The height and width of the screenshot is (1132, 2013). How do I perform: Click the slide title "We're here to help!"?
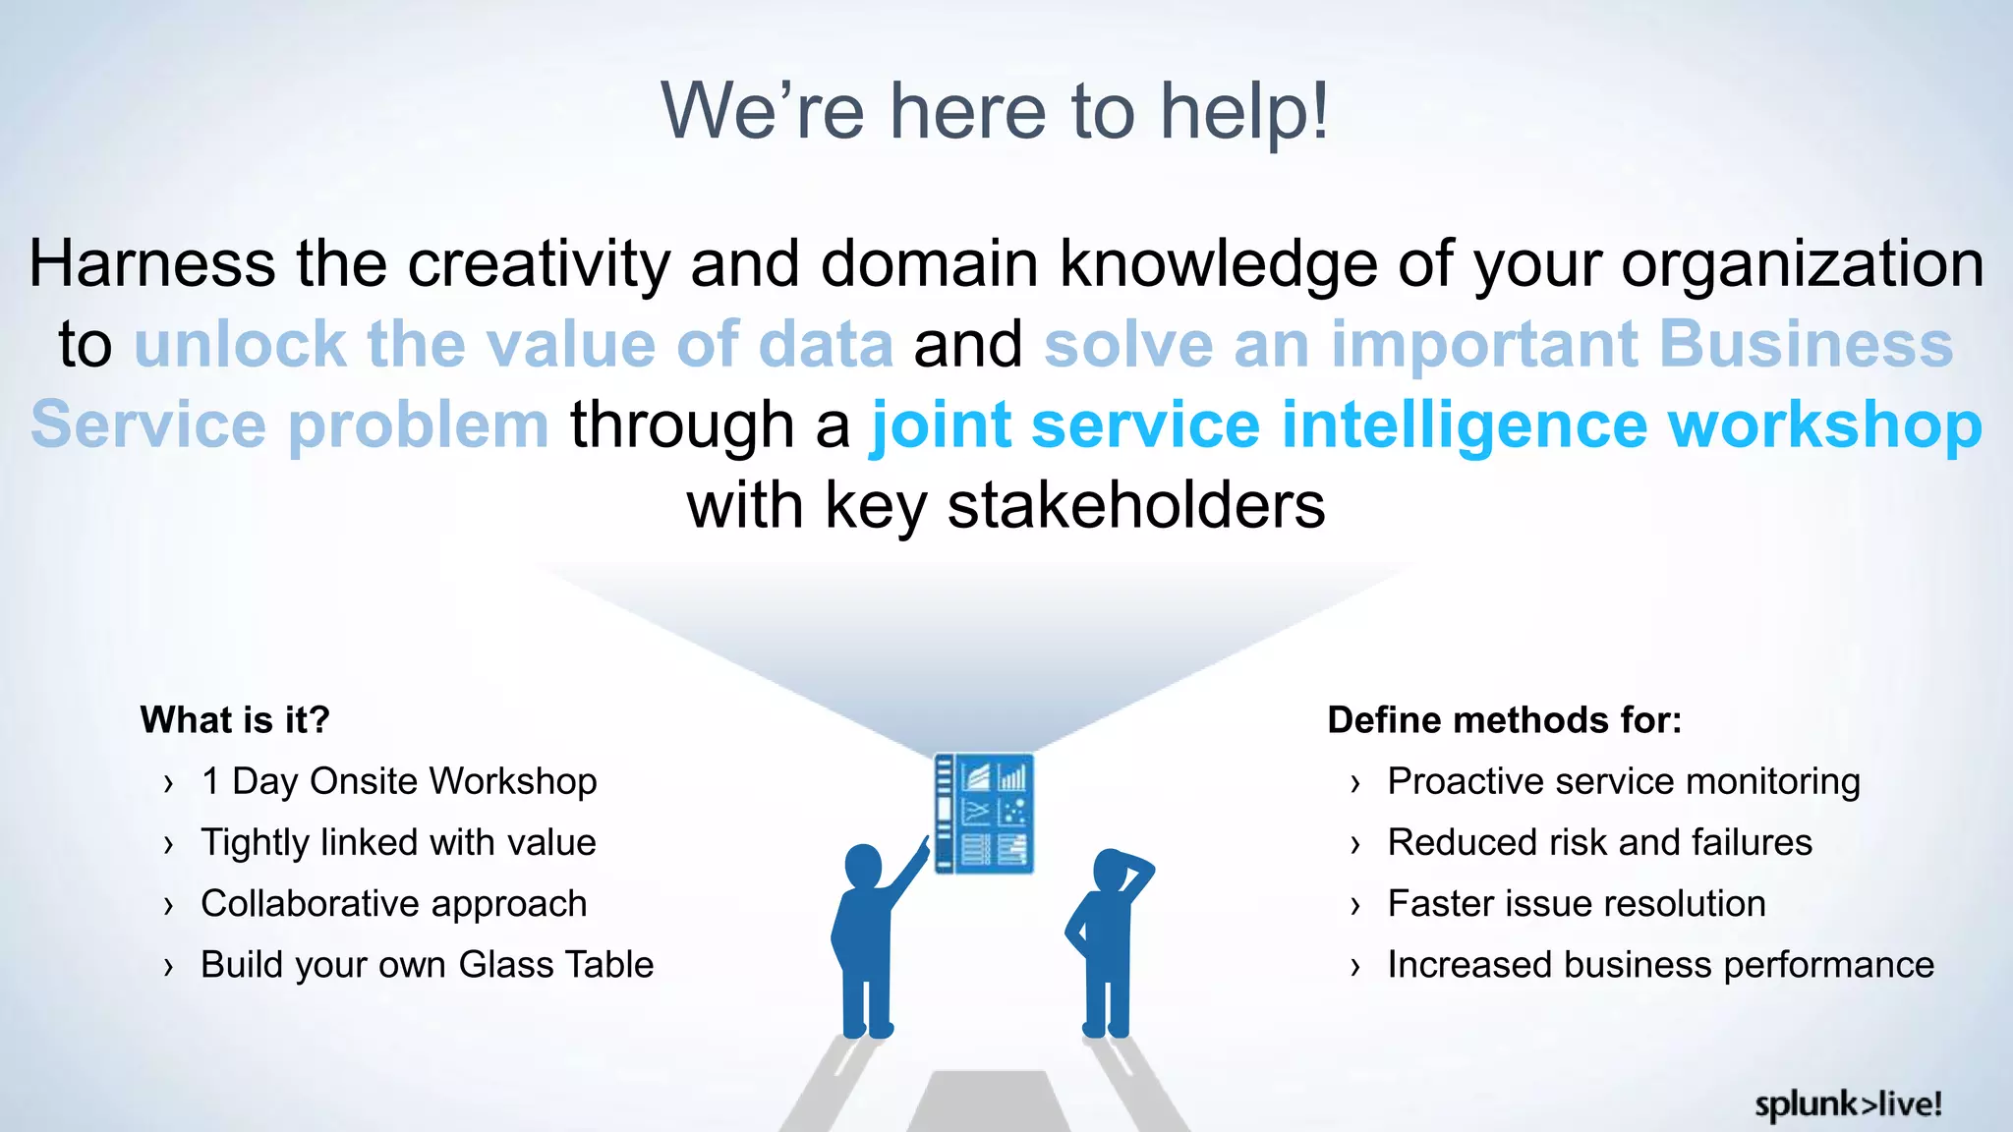click(995, 111)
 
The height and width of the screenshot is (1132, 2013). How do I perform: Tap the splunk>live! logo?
click(1848, 1104)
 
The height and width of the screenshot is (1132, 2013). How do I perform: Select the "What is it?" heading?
click(235, 720)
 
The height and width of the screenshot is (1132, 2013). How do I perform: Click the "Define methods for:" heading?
click(1504, 720)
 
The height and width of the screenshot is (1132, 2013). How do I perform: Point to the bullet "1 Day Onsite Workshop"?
click(398, 782)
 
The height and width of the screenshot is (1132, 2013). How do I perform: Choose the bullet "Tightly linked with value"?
click(398, 843)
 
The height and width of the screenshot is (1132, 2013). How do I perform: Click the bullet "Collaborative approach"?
click(393, 904)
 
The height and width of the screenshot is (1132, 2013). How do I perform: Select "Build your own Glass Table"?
click(427, 965)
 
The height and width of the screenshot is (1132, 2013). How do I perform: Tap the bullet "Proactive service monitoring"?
click(1623, 782)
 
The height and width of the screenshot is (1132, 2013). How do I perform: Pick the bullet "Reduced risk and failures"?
click(1599, 843)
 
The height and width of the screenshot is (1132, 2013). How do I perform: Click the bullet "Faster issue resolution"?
click(1576, 904)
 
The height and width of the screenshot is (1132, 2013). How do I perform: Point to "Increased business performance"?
click(1660, 965)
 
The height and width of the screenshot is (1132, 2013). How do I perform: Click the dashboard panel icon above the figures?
click(983, 813)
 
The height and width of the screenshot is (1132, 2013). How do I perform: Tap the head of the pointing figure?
click(863, 866)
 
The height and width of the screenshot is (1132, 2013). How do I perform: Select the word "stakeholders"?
click(1135, 506)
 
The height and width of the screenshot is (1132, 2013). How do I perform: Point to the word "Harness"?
click(152, 264)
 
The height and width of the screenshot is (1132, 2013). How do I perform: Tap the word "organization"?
click(1802, 264)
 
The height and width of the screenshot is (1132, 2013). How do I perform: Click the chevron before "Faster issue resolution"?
click(1355, 906)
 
